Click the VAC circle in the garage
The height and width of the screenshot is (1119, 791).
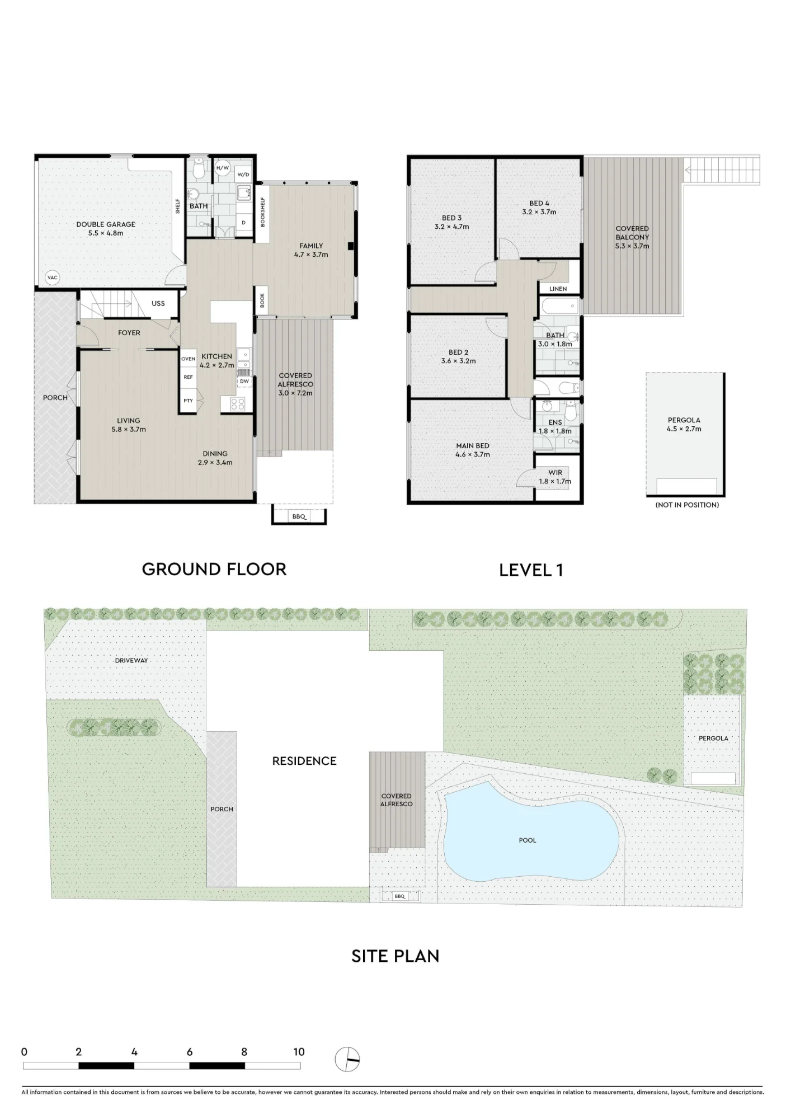(x=53, y=278)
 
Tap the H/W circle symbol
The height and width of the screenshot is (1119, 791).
(x=223, y=168)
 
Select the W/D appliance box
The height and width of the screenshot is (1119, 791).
(x=243, y=174)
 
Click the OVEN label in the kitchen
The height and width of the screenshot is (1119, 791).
(x=189, y=359)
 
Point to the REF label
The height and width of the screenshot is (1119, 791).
(x=189, y=377)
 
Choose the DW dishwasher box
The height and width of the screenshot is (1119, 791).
(x=244, y=382)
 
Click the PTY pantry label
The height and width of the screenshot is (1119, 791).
(x=189, y=401)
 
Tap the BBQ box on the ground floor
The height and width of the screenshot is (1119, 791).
(x=299, y=516)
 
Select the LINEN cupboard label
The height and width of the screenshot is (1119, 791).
(x=558, y=289)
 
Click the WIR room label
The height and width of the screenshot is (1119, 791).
(x=555, y=473)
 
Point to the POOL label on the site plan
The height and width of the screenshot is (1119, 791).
(x=528, y=840)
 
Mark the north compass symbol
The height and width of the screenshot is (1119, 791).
(x=347, y=1059)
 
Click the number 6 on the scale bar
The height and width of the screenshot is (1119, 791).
(x=190, y=1052)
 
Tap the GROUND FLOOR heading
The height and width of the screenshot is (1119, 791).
(x=214, y=569)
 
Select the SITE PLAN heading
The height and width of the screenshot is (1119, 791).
(x=396, y=956)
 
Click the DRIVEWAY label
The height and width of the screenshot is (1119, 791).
(x=131, y=660)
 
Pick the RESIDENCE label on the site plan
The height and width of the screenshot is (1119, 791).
(x=304, y=761)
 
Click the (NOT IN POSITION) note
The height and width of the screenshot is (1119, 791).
(x=687, y=505)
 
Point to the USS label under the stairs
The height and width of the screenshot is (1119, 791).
(x=158, y=303)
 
